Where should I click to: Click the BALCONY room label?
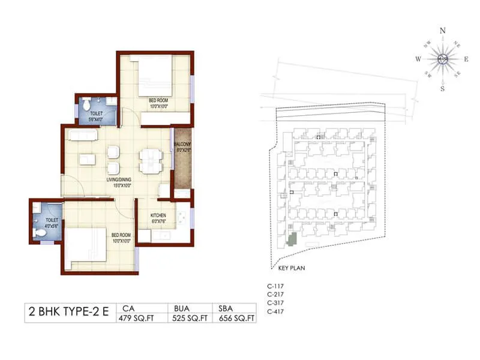pyautogui.click(x=182, y=145)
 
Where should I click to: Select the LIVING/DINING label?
pyautogui.click(x=119, y=180)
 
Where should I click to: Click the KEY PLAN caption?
pyautogui.click(x=292, y=268)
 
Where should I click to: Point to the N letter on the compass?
pyautogui.click(x=443, y=31)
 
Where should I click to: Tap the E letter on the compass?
pyautogui.click(x=466, y=59)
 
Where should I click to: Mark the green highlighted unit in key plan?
pyautogui.click(x=292, y=239)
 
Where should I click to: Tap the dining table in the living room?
pyautogui.click(x=150, y=160)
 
